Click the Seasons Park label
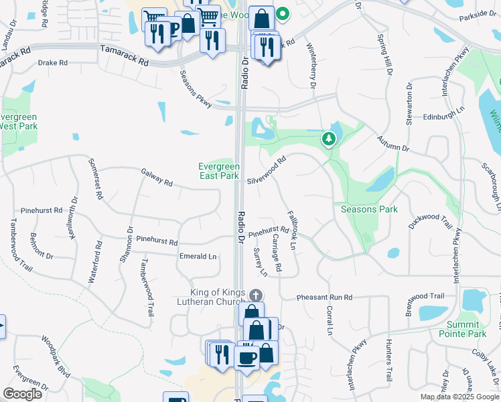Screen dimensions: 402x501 pos(369,209)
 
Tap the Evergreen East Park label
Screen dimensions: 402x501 pos(218,171)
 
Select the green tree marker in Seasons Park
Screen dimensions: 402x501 pos(328,139)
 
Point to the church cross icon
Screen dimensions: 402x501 pos(255,295)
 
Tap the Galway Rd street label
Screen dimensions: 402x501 pos(157,178)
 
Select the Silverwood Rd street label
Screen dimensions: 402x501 pos(266,171)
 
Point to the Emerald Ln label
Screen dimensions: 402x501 pos(198,257)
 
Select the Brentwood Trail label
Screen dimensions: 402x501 pos(426,296)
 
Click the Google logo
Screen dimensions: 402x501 pos(22,394)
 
